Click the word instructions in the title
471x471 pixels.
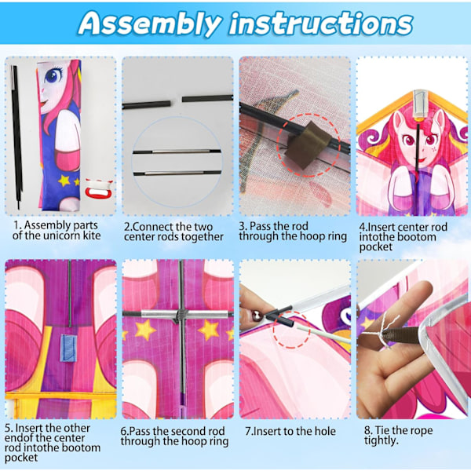coord(321,23)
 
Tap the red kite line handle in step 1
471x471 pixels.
coord(98,190)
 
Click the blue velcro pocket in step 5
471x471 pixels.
coord(68,348)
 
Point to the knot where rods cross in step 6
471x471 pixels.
coord(181,315)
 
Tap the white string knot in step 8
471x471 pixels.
coord(384,332)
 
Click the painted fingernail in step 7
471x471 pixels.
coord(256,316)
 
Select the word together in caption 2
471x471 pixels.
coord(199,237)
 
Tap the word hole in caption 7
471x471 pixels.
coord(325,431)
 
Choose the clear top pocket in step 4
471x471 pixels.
coord(420,104)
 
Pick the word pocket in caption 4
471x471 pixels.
coord(375,247)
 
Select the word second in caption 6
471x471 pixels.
coord(189,431)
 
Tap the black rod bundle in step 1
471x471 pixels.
coord(16,137)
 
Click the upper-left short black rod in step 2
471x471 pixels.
coord(146,104)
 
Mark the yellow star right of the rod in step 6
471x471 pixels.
coord(209,330)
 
